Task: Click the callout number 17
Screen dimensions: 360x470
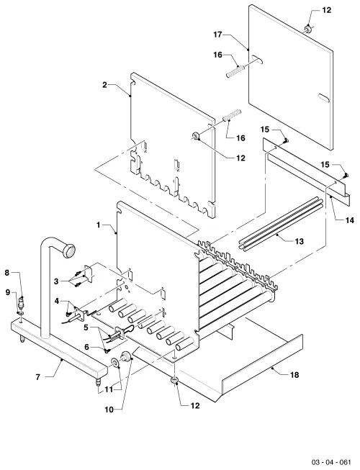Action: click(x=217, y=35)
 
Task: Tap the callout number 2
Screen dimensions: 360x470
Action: click(x=104, y=85)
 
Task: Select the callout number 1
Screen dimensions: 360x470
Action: click(x=99, y=225)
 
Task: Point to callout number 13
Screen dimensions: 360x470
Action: click(x=299, y=241)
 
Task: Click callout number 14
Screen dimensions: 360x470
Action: click(x=349, y=220)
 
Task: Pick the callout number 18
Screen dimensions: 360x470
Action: click(x=294, y=375)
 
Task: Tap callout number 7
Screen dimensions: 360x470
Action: click(x=37, y=376)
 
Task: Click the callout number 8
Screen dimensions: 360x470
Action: click(x=7, y=273)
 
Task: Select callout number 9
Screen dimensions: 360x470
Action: click(x=8, y=292)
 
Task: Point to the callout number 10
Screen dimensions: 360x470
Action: click(x=109, y=410)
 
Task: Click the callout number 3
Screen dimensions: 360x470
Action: click(x=56, y=281)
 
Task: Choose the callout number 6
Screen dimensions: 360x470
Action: click(x=86, y=347)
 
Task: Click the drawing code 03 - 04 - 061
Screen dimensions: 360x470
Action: click(x=331, y=461)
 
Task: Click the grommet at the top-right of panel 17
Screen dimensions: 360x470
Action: click(x=308, y=29)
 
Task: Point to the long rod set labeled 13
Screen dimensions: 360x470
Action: click(x=282, y=222)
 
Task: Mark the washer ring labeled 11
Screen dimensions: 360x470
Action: click(x=115, y=363)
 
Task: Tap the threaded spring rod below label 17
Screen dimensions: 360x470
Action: click(x=235, y=70)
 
